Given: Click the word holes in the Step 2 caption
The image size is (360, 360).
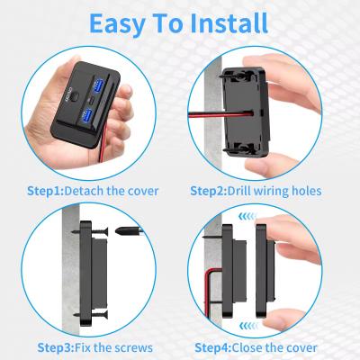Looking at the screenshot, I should [x=302, y=191].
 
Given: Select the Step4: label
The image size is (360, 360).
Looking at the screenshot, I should [x=217, y=347].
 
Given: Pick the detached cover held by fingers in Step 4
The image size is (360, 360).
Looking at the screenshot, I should [x=265, y=274].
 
